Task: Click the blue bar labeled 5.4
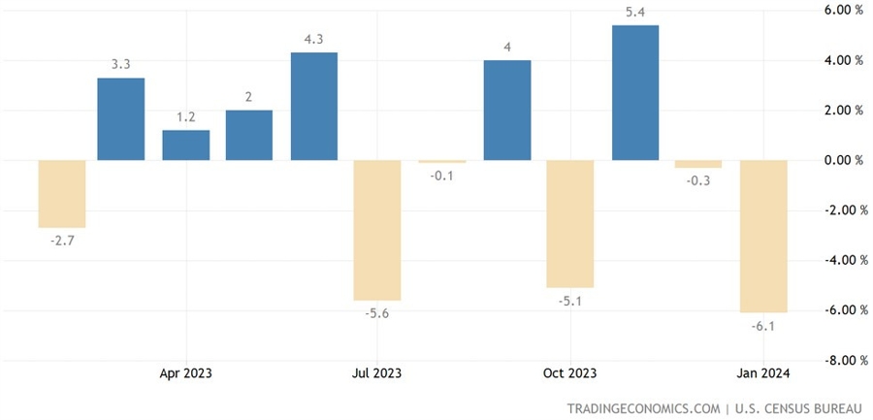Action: coord(635,92)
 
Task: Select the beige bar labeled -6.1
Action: coord(764,236)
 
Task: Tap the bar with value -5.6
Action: coord(378,230)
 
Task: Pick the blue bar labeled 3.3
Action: coord(121,118)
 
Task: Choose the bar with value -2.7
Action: coord(62,193)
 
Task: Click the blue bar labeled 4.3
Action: coord(314,106)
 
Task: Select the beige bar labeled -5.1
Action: coord(571,223)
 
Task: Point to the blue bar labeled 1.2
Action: coord(185,145)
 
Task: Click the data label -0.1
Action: coord(442,176)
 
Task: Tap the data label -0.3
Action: coord(699,180)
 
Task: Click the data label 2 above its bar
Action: coord(249,97)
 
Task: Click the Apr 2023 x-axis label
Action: coord(185,373)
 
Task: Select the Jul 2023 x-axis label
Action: coord(376,373)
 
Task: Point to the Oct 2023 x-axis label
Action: coord(569,373)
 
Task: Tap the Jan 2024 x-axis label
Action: coord(762,373)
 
